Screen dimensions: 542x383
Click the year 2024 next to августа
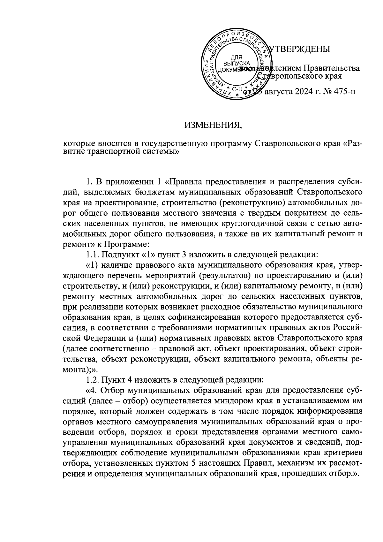(x=304, y=92)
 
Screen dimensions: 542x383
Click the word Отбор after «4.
(x=114, y=391)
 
